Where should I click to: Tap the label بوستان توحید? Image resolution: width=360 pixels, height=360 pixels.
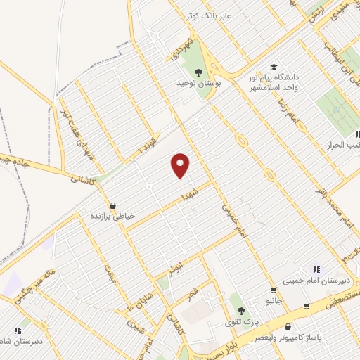(x=198, y=82)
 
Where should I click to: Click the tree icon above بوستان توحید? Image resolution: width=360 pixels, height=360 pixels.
(x=198, y=71)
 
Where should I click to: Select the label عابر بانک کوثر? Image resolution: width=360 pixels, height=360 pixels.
(x=211, y=15)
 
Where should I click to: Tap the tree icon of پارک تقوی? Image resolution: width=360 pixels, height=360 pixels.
(x=241, y=311)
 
